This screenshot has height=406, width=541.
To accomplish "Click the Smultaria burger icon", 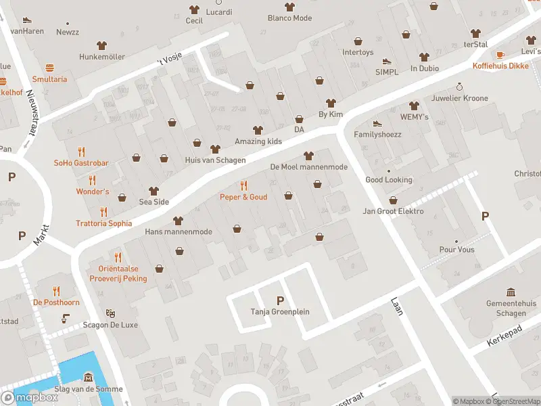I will click(x=49, y=68).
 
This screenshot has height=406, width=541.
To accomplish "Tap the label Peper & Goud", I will click(x=243, y=197).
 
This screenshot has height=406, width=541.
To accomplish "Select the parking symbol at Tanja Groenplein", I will click(x=280, y=300).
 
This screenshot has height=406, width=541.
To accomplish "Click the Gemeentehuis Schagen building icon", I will click(x=511, y=292).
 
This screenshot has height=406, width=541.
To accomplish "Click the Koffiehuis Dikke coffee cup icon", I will click(x=500, y=55).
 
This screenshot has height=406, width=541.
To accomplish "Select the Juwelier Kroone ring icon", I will click(x=459, y=87).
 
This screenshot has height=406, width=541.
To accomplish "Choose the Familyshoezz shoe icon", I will click(x=377, y=123).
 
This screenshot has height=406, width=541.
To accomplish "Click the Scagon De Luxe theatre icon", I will click(x=110, y=313).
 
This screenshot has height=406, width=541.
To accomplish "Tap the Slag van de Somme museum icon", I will click(x=88, y=377).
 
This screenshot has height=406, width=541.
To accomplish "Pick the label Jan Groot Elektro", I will click(x=394, y=211).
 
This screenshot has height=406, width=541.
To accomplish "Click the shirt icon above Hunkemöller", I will click(x=102, y=45).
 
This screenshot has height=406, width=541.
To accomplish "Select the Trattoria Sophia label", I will click(x=103, y=223).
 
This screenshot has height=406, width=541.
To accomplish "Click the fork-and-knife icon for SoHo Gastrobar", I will click(x=82, y=152).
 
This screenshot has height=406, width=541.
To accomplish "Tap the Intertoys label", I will click(x=358, y=52).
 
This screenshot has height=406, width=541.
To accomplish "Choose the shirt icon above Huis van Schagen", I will click(x=215, y=149).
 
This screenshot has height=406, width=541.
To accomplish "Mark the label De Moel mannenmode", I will click(x=308, y=166).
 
